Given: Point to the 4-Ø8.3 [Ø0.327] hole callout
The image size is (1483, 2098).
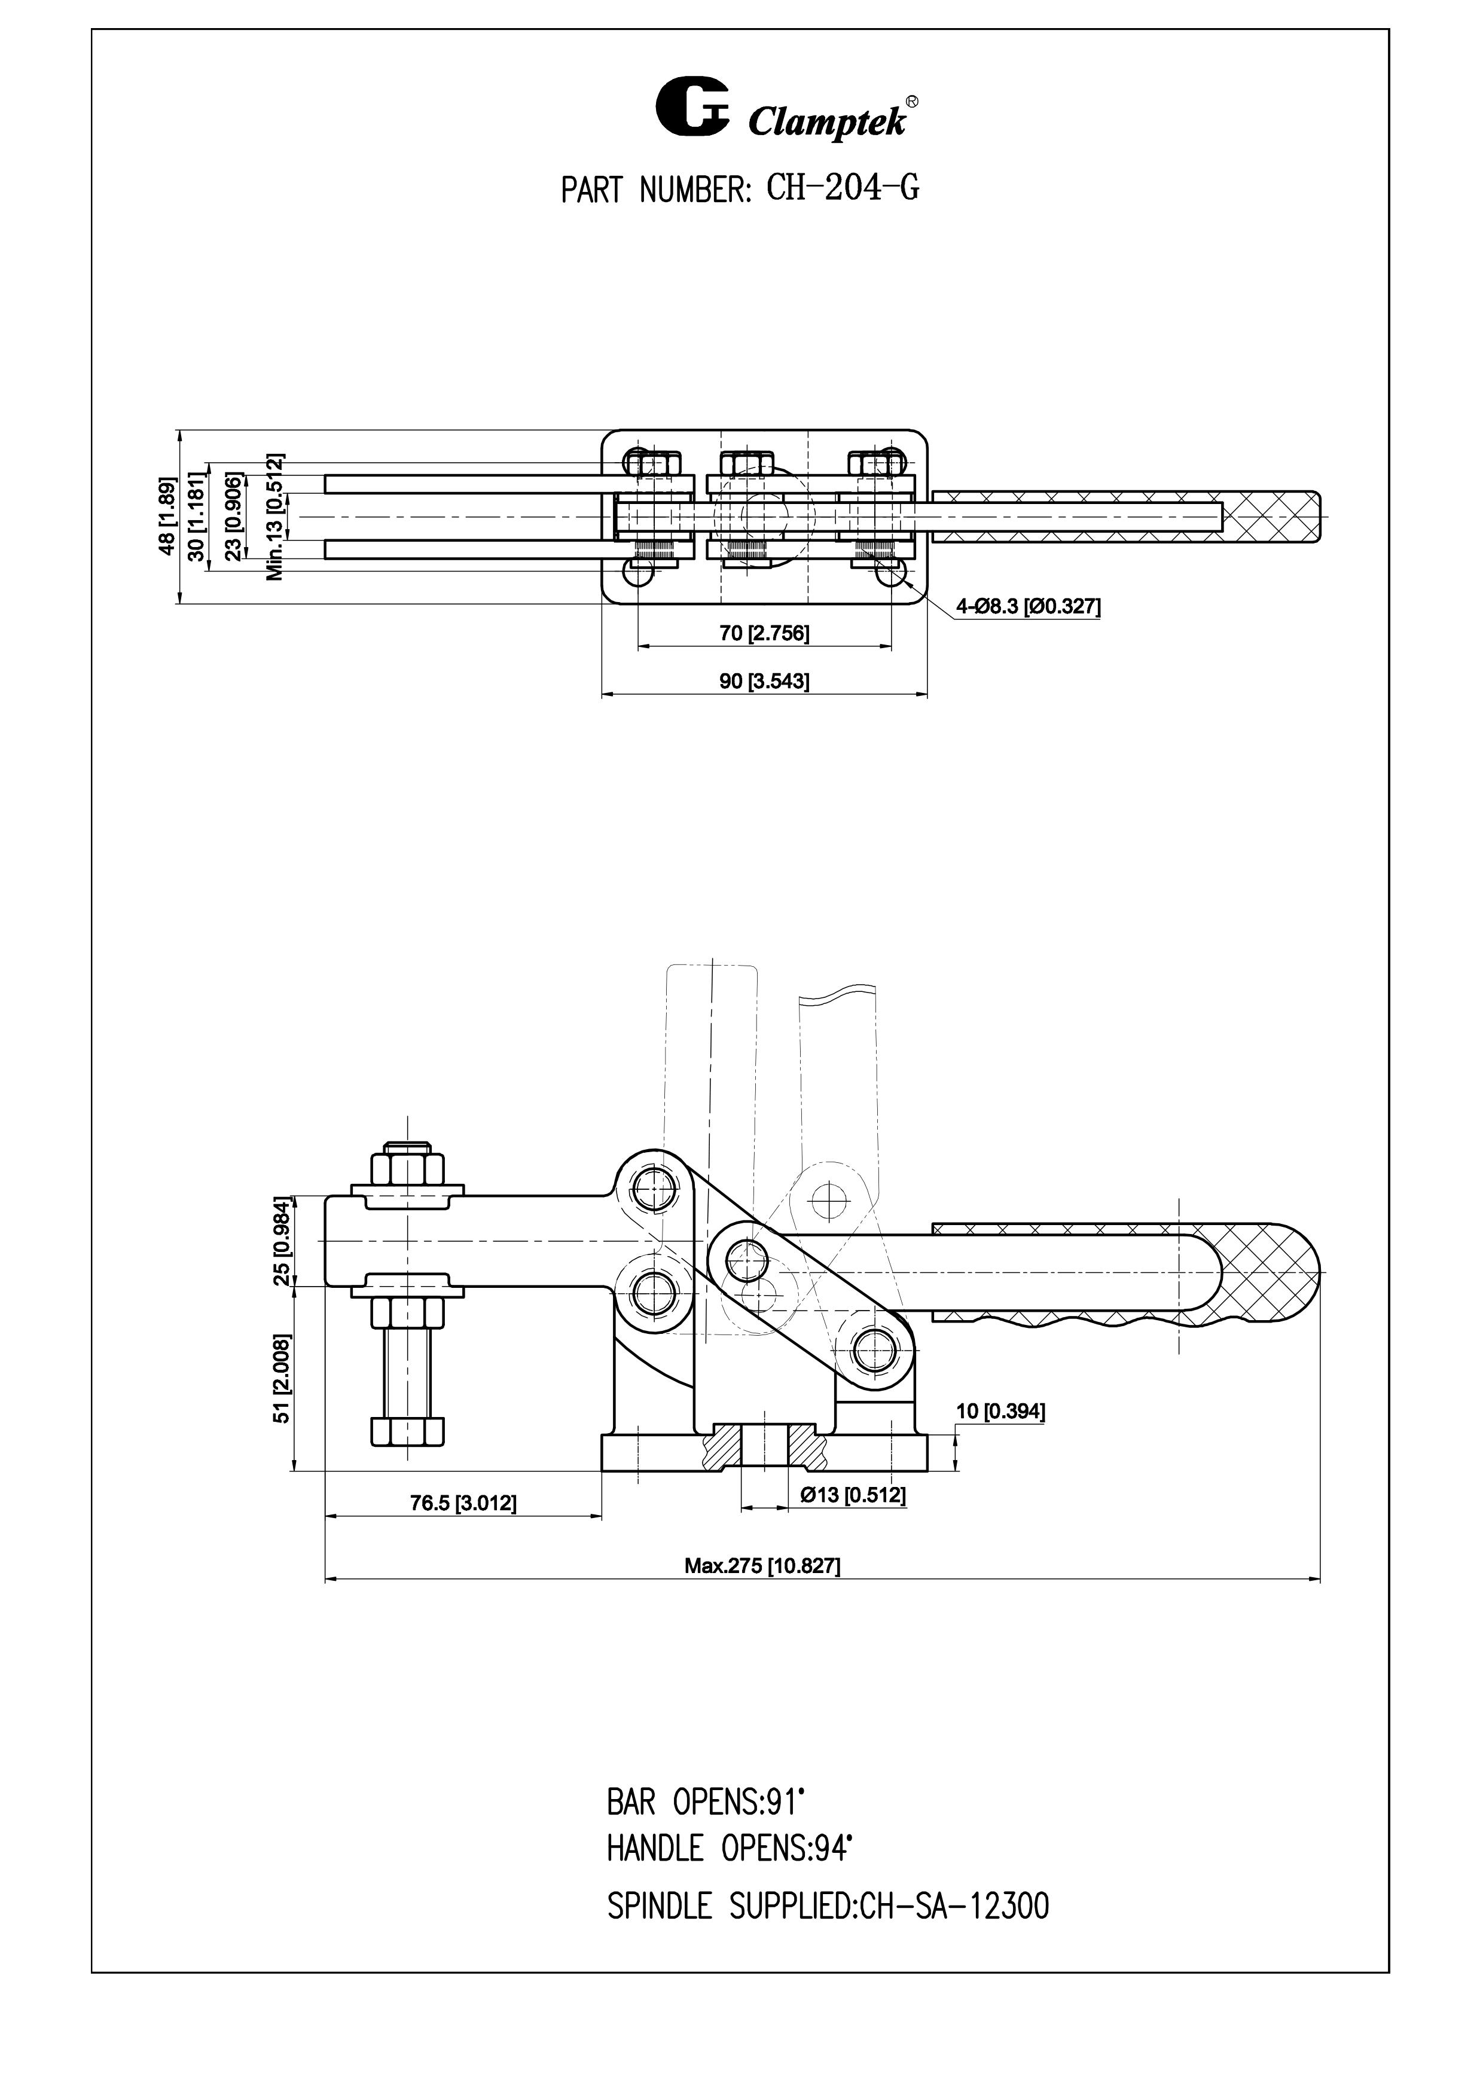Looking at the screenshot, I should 1028,606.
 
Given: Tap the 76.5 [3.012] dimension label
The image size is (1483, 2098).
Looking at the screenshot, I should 463,1503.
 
